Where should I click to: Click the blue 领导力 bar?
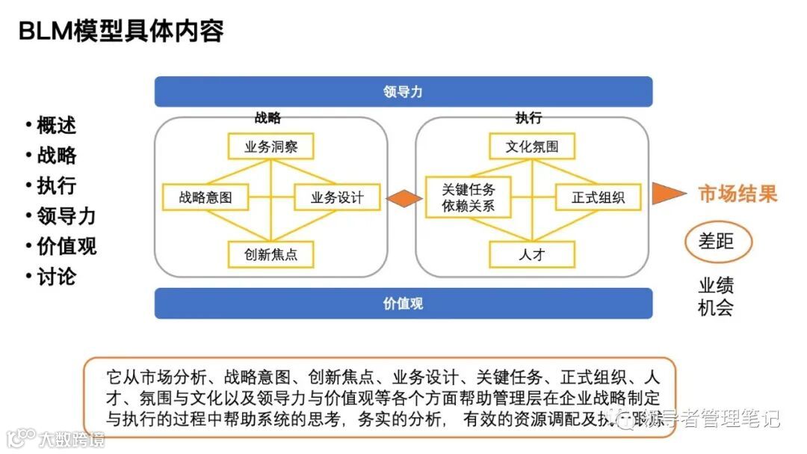403,92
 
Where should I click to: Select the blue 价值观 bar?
403,304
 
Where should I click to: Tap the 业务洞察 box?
270,146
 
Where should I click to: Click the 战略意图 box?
205,197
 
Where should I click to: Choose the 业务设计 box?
337,197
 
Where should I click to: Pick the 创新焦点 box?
270,254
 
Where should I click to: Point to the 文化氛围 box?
532,146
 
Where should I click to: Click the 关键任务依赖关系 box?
469,197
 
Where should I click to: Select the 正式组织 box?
598,197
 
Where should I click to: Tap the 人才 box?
532,254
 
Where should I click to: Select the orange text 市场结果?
738,194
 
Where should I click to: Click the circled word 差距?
717,241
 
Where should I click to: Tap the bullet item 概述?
56,125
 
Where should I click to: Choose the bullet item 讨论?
56,277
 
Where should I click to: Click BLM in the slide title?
46,31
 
